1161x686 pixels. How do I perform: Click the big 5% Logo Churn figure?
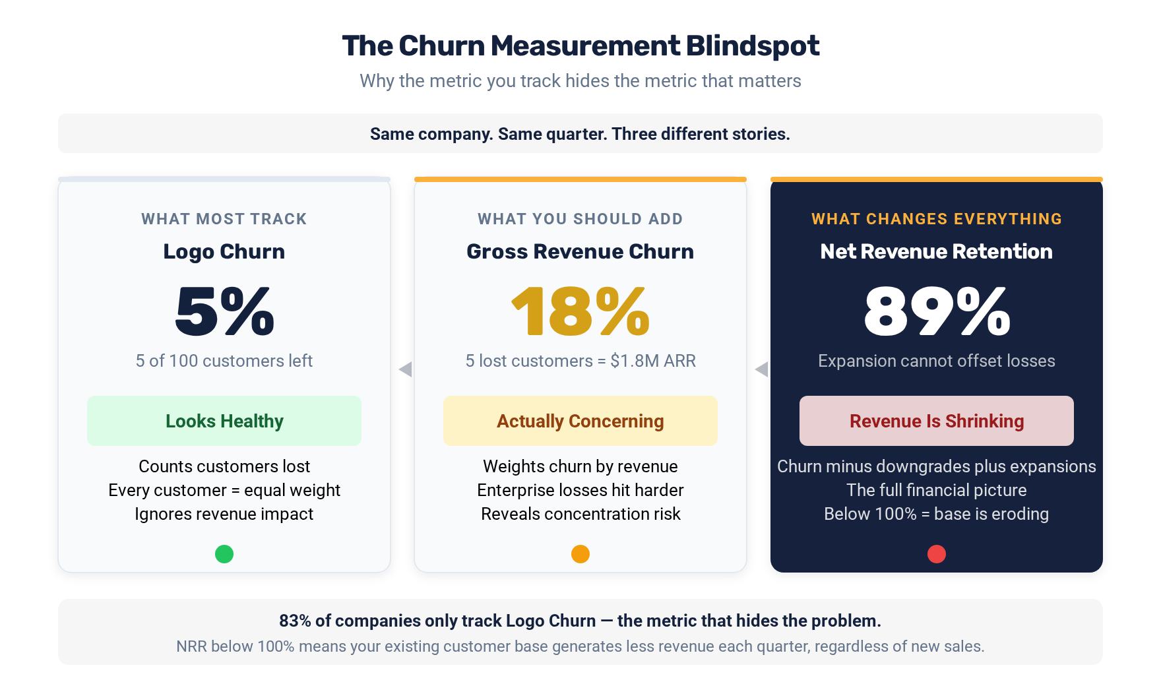pos(224,311)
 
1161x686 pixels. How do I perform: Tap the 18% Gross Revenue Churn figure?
pos(580,311)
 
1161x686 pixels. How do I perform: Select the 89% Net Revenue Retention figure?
pos(937,311)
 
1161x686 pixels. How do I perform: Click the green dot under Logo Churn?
pos(224,554)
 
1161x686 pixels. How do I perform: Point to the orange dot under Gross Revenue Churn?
pos(580,554)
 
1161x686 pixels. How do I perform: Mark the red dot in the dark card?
pos(937,554)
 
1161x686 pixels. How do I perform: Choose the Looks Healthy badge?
pos(224,421)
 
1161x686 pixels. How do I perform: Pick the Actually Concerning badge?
pos(580,421)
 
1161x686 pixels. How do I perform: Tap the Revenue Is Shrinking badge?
pos(937,421)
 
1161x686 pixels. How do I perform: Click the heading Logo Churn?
pos(224,251)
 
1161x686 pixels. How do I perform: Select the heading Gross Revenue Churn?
pos(580,251)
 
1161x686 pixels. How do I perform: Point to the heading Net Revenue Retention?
pos(937,251)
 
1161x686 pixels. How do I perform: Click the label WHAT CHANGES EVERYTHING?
pos(937,219)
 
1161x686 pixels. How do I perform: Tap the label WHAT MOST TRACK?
pos(224,219)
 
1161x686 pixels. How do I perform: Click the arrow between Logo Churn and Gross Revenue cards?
pos(406,369)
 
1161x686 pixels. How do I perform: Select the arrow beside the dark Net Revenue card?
pos(762,369)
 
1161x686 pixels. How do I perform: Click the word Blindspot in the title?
pos(753,46)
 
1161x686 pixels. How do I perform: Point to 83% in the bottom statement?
pos(295,621)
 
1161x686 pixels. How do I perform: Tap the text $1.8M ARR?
pos(653,361)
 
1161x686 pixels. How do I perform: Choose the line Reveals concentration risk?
pos(580,514)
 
